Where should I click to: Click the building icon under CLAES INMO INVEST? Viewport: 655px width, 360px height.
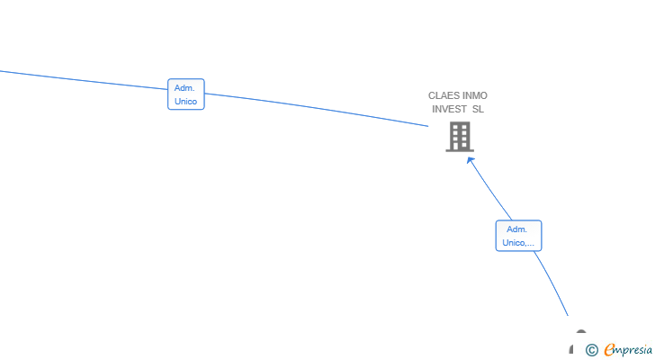pyautogui.click(x=460, y=137)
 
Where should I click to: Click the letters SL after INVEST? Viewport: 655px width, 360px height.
pyautogui.click(x=478, y=109)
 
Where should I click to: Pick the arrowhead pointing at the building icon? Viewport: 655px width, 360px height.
pyautogui.click(x=471, y=161)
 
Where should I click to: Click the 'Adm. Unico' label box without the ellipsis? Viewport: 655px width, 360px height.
pyautogui.click(x=186, y=94)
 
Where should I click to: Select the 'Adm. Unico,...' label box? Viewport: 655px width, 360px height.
pyautogui.click(x=518, y=236)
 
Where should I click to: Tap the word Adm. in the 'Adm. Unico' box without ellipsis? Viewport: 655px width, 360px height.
pyautogui.click(x=184, y=88)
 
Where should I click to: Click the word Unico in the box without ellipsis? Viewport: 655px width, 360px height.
pyautogui.click(x=186, y=102)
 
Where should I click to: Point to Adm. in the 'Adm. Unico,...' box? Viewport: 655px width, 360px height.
pyautogui.click(x=516, y=229)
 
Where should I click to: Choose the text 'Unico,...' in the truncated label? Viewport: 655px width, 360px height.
pyautogui.click(x=518, y=243)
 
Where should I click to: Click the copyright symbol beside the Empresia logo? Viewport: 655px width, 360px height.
pyautogui.click(x=591, y=350)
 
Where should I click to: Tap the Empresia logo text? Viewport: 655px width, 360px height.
pyautogui.click(x=628, y=350)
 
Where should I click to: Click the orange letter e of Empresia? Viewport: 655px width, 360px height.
pyautogui.click(x=609, y=349)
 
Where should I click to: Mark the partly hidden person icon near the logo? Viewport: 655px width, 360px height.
pyautogui.click(x=577, y=342)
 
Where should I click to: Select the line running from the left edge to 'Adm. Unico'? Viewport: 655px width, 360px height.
pyautogui.click(x=84, y=80)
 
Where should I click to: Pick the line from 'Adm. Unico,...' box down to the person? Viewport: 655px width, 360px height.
pyautogui.click(x=552, y=283)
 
